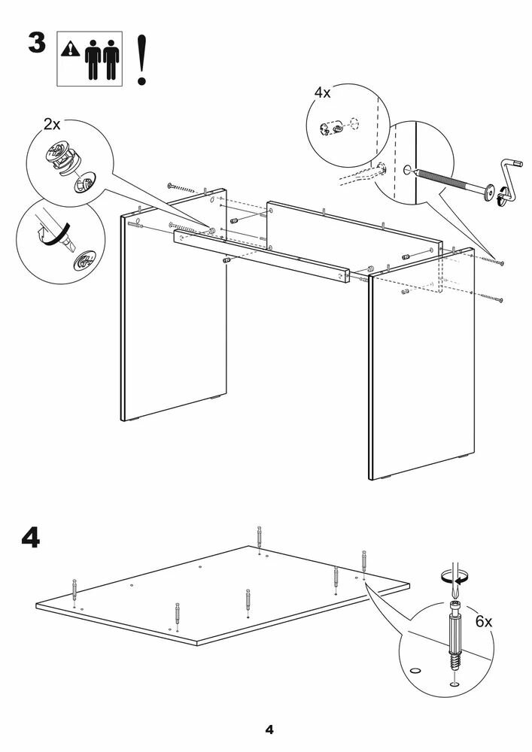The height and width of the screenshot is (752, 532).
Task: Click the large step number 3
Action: point(37,42)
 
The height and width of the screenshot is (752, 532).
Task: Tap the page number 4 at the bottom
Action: point(268,729)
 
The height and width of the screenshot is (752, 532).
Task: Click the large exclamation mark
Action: point(141,59)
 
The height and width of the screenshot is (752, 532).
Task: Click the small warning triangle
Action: point(71,49)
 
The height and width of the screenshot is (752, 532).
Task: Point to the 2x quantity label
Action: point(51,124)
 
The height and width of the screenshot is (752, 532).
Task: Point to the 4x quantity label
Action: point(322,92)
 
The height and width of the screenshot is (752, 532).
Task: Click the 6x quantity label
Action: point(483,622)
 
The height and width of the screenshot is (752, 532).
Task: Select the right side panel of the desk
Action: point(421,368)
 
